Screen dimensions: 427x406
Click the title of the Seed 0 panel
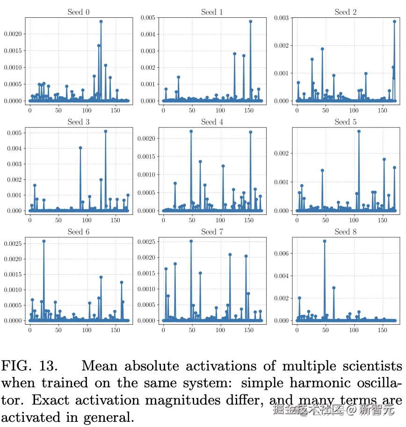[79, 12]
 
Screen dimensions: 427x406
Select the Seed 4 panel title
[212, 122]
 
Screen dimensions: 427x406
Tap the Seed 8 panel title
[345, 232]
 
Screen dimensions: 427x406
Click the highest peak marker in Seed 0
[101, 21]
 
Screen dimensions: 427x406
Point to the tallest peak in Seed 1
[251, 21]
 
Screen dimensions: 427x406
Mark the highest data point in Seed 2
[394, 21]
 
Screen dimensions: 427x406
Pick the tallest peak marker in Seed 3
[106, 131]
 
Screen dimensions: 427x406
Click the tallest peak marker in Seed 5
[359, 131]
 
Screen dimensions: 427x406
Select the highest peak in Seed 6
[43, 242]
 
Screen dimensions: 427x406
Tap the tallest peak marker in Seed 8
[324, 242]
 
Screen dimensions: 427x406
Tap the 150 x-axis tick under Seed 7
[249, 330]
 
